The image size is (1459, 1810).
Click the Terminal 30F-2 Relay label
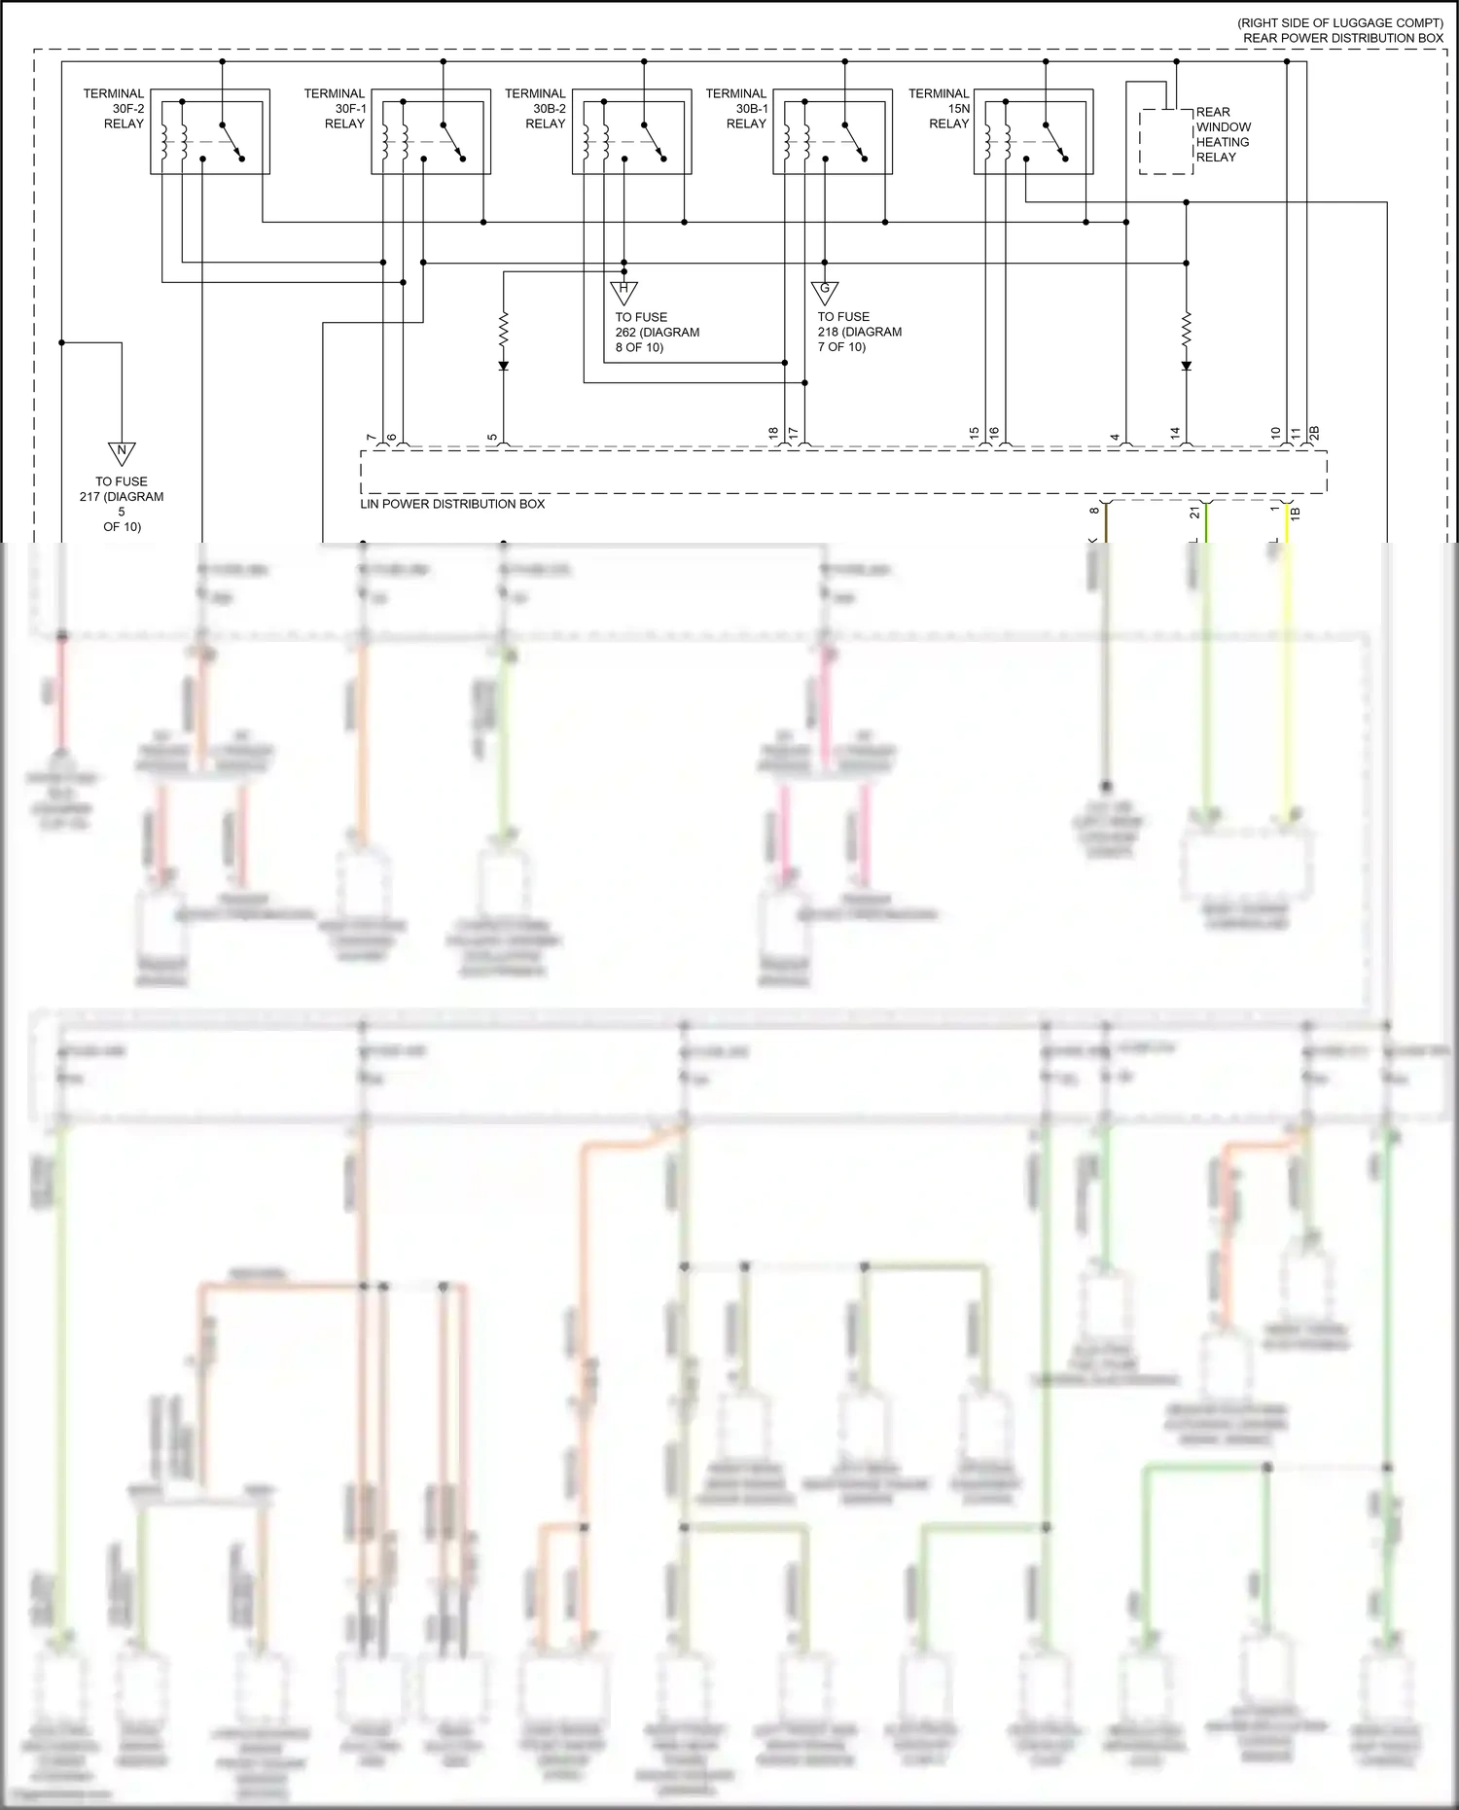coord(114,109)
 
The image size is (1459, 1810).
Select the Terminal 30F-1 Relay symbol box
coord(431,132)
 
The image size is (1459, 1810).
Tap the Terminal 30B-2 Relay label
coord(535,109)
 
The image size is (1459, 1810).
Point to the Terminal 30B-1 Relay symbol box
coord(833,132)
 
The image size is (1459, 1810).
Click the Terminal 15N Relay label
coord(939,109)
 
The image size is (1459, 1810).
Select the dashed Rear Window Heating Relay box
coord(1166,142)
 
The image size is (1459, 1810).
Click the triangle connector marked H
coord(623,291)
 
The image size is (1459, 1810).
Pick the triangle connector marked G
coord(825,291)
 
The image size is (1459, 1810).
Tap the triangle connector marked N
coord(122,453)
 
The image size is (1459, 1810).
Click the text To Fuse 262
coord(657,332)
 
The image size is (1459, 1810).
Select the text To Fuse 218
coord(859,332)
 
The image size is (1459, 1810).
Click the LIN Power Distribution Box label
coord(452,504)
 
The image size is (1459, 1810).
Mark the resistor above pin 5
coord(504,329)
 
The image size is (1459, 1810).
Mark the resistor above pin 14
coord(1187,329)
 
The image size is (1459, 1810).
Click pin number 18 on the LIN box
coord(774,433)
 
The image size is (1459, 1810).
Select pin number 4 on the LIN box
coord(1116,438)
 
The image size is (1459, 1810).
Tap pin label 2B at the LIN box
coord(1314,433)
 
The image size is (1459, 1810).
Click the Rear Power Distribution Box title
coord(1342,38)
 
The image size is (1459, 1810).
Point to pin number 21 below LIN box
coord(1195,513)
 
